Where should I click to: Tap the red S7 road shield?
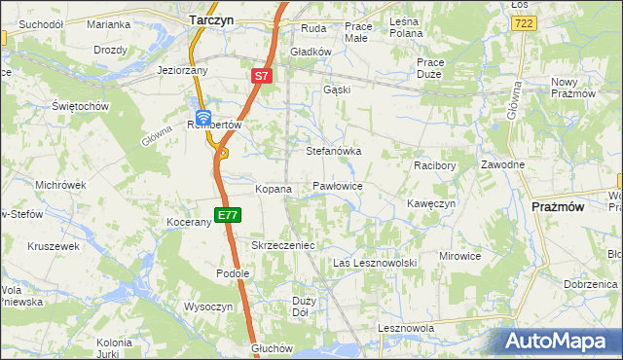261,75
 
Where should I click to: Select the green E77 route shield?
227,215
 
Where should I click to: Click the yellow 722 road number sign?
524,22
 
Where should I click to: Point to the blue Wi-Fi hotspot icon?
203,117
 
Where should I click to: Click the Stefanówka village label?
334,152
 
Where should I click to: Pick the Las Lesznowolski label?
375,264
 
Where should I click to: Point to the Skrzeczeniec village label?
282,246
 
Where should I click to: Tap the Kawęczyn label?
431,204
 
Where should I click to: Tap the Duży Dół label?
302,307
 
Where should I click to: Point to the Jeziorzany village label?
184,71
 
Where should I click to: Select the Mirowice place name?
459,256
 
